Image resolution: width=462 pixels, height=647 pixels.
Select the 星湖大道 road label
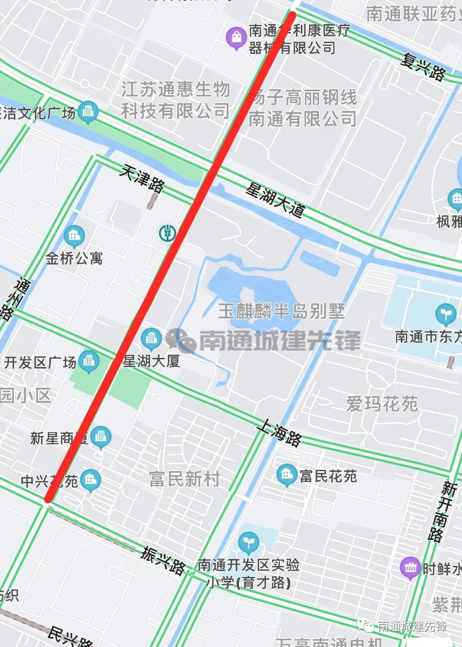tap(276, 199)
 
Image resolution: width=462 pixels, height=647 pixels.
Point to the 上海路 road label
tap(280, 433)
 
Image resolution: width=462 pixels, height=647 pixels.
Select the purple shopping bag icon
tap(236, 38)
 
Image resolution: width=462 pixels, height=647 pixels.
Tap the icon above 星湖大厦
tap(151, 338)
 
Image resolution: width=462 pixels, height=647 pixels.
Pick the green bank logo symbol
tap(168, 233)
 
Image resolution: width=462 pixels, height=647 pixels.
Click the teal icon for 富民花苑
tap(287, 475)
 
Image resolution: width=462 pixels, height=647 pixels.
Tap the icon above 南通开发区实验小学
tap(248, 543)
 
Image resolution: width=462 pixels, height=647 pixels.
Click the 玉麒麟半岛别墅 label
tap(281, 311)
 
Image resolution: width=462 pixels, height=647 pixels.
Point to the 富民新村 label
tap(184, 479)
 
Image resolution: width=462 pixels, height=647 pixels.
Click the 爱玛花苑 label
tap(382, 404)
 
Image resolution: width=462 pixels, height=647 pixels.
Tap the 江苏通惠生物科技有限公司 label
tap(175, 100)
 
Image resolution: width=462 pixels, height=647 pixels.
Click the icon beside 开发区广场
tap(89, 361)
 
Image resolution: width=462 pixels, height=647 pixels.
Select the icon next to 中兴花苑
tap(90, 480)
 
